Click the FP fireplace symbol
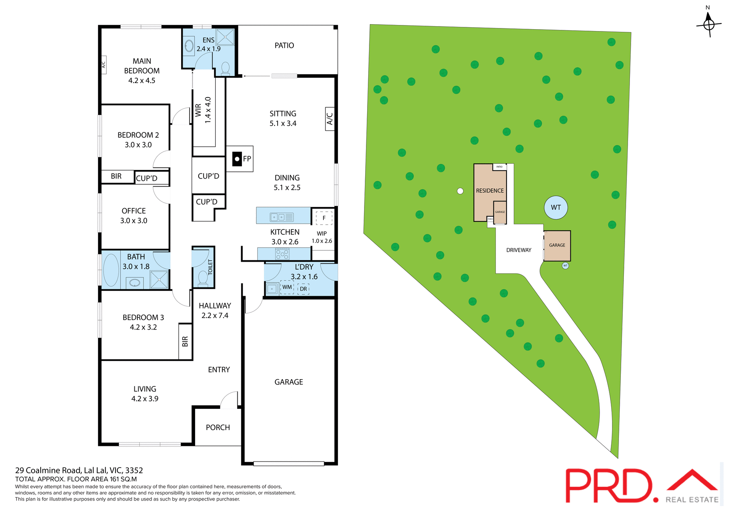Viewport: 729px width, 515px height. click(237, 159)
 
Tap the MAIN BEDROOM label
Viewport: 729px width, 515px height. click(142, 71)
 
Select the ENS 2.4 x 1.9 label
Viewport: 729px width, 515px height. click(208, 44)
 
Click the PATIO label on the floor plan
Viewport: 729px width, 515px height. click(284, 46)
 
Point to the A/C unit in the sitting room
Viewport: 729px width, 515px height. click(330, 119)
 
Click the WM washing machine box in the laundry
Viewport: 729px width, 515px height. click(287, 287)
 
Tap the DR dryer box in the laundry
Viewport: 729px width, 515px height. click(303, 289)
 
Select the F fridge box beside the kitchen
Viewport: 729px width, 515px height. click(324, 218)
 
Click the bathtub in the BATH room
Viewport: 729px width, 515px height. click(111, 270)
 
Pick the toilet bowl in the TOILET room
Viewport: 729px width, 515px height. click(203, 278)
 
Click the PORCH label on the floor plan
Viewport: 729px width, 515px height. click(218, 427)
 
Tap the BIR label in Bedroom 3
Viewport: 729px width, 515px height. click(185, 341)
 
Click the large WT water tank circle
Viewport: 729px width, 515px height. click(555, 207)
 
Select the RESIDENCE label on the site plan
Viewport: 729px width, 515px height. click(490, 191)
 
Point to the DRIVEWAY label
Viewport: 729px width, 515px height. click(519, 250)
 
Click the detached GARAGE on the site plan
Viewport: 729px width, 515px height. click(557, 245)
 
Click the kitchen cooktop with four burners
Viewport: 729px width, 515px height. click(282, 254)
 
